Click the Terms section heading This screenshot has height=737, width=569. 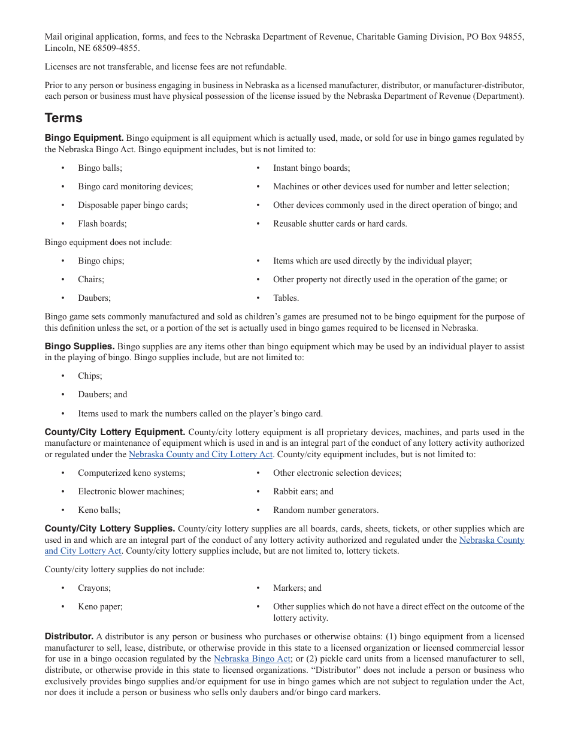[x=63, y=118]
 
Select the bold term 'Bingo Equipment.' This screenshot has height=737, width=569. [x=84, y=138]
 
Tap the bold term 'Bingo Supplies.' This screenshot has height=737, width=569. [x=80, y=346]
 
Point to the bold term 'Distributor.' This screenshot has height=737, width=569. [x=69, y=636]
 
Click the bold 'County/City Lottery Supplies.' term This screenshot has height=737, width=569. [x=110, y=528]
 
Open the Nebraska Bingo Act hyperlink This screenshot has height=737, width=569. [x=252, y=659]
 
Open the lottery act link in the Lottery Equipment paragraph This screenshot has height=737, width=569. [x=200, y=454]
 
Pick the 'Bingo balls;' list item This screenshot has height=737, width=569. [x=99, y=168]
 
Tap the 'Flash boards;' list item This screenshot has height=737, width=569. [x=102, y=223]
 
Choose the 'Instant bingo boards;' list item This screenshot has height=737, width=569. [x=311, y=168]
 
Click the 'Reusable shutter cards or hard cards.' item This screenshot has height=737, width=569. [x=340, y=223]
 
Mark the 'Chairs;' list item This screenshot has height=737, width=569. [x=90, y=279]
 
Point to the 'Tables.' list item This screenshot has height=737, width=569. [x=286, y=298]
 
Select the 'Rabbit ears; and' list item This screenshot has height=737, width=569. [x=303, y=491]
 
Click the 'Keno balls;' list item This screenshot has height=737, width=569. [x=99, y=510]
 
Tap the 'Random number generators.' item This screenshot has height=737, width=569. [x=326, y=510]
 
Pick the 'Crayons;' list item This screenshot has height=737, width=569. [x=94, y=588]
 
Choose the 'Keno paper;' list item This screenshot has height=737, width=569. [x=100, y=606]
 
